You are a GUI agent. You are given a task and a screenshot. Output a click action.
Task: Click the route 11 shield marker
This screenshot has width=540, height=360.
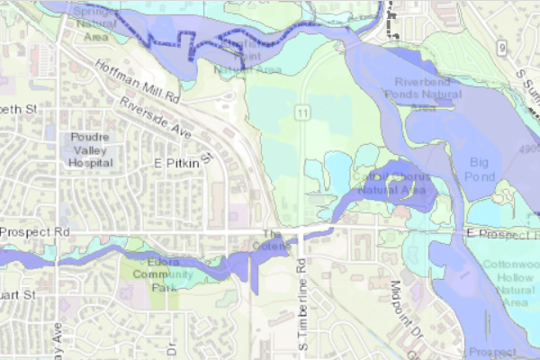[x=306, y=112]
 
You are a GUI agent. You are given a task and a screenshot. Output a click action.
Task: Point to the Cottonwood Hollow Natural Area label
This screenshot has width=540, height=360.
[x=508, y=283]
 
